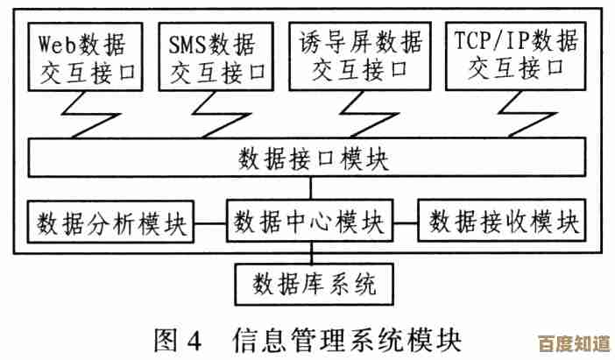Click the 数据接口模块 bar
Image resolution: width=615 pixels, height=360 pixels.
312,159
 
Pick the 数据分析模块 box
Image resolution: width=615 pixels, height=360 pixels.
112,222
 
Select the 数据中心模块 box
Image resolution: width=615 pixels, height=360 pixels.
312,222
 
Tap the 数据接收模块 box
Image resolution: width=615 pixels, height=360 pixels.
504,222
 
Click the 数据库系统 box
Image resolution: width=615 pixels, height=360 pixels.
312,283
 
